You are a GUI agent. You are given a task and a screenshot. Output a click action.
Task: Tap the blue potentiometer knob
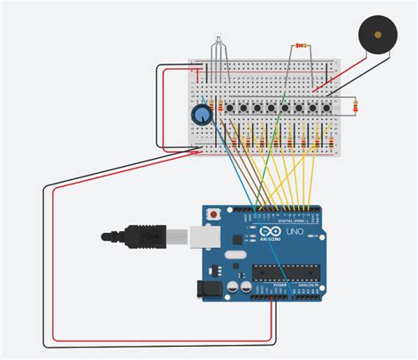pyautogui.click(x=202, y=116)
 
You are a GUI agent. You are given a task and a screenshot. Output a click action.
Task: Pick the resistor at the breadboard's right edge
pyautogui.click(x=355, y=107)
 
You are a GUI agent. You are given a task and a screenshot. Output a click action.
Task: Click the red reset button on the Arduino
pyautogui.click(x=213, y=214)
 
